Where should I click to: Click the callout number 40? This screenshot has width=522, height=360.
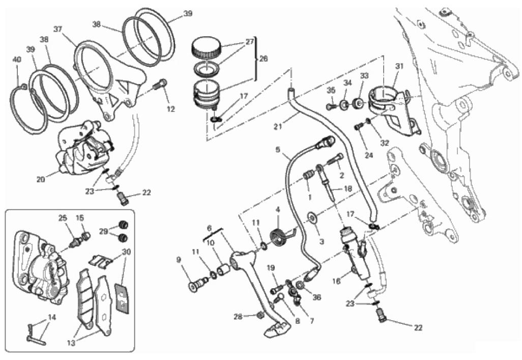17,60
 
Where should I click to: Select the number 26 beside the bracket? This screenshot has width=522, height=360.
263,59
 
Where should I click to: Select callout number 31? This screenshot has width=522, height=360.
399,66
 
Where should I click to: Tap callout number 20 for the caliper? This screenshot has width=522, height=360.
41,179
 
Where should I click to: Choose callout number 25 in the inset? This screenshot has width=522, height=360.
63,218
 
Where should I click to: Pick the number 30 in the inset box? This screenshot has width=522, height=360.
127,252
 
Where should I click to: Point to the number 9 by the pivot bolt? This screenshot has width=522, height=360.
178,260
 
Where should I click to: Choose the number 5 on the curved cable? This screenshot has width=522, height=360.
278,150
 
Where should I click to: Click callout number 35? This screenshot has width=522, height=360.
331,91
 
